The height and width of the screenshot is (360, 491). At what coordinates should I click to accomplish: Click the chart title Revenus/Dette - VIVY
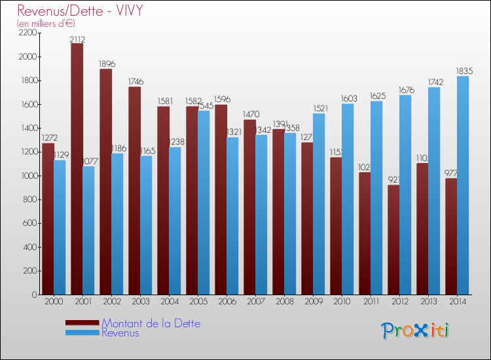point(81,10)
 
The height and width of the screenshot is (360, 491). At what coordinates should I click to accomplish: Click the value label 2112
point(78,39)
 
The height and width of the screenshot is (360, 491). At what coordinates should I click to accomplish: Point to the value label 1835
point(464,71)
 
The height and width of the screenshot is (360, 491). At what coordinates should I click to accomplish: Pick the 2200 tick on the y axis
point(28,33)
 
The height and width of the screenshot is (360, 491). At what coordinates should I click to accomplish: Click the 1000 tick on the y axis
point(28,175)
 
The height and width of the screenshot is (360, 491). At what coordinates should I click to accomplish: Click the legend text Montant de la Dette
point(151,323)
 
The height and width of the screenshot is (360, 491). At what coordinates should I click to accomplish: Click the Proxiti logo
point(416,331)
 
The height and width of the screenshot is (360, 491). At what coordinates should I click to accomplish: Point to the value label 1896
point(107,64)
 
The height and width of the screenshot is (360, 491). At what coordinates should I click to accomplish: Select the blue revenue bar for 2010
point(348,199)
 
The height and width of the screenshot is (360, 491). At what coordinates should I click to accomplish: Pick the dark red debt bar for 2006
point(221,200)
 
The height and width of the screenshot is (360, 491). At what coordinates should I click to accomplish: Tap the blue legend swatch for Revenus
point(82,333)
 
